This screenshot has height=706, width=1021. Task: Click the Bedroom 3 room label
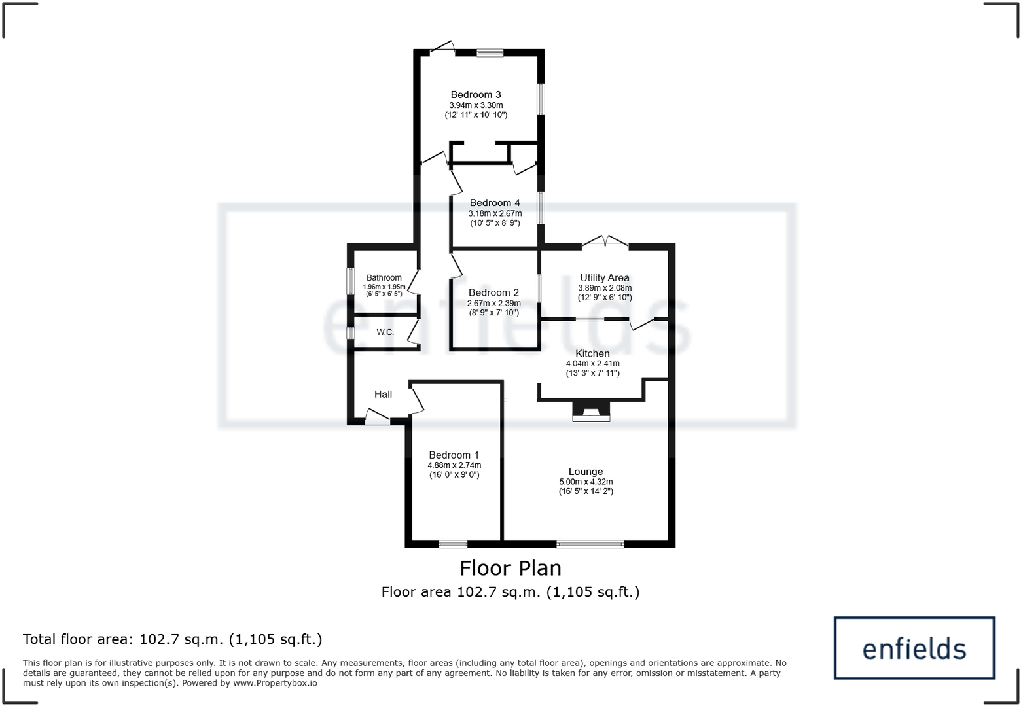(475, 95)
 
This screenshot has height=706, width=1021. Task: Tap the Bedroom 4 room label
(495, 203)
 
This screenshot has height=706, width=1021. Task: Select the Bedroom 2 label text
(493, 292)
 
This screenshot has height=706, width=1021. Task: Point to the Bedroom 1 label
(454, 455)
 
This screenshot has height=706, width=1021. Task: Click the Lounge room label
(586, 471)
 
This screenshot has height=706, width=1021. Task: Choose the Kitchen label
(592, 353)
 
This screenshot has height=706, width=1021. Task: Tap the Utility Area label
(605, 277)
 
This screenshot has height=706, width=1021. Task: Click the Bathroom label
(384, 277)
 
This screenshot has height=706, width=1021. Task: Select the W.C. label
(385, 332)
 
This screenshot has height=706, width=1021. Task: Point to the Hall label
(383, 394)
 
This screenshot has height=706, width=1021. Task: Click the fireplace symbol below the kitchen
(591, 411)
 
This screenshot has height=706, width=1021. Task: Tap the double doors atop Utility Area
(605, 242)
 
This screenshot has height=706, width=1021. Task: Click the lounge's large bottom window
(590, 544)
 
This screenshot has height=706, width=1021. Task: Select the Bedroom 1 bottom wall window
(453, 544)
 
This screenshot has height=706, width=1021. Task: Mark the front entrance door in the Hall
(378, 417)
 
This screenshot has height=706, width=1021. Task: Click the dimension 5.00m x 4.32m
(586, 482)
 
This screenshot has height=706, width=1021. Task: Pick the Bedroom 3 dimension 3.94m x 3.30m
(476, 105)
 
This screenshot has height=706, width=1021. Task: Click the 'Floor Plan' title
(510, 567)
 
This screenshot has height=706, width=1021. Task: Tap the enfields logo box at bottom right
(914, 648)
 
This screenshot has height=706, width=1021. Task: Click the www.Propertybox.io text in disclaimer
(275, 683)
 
